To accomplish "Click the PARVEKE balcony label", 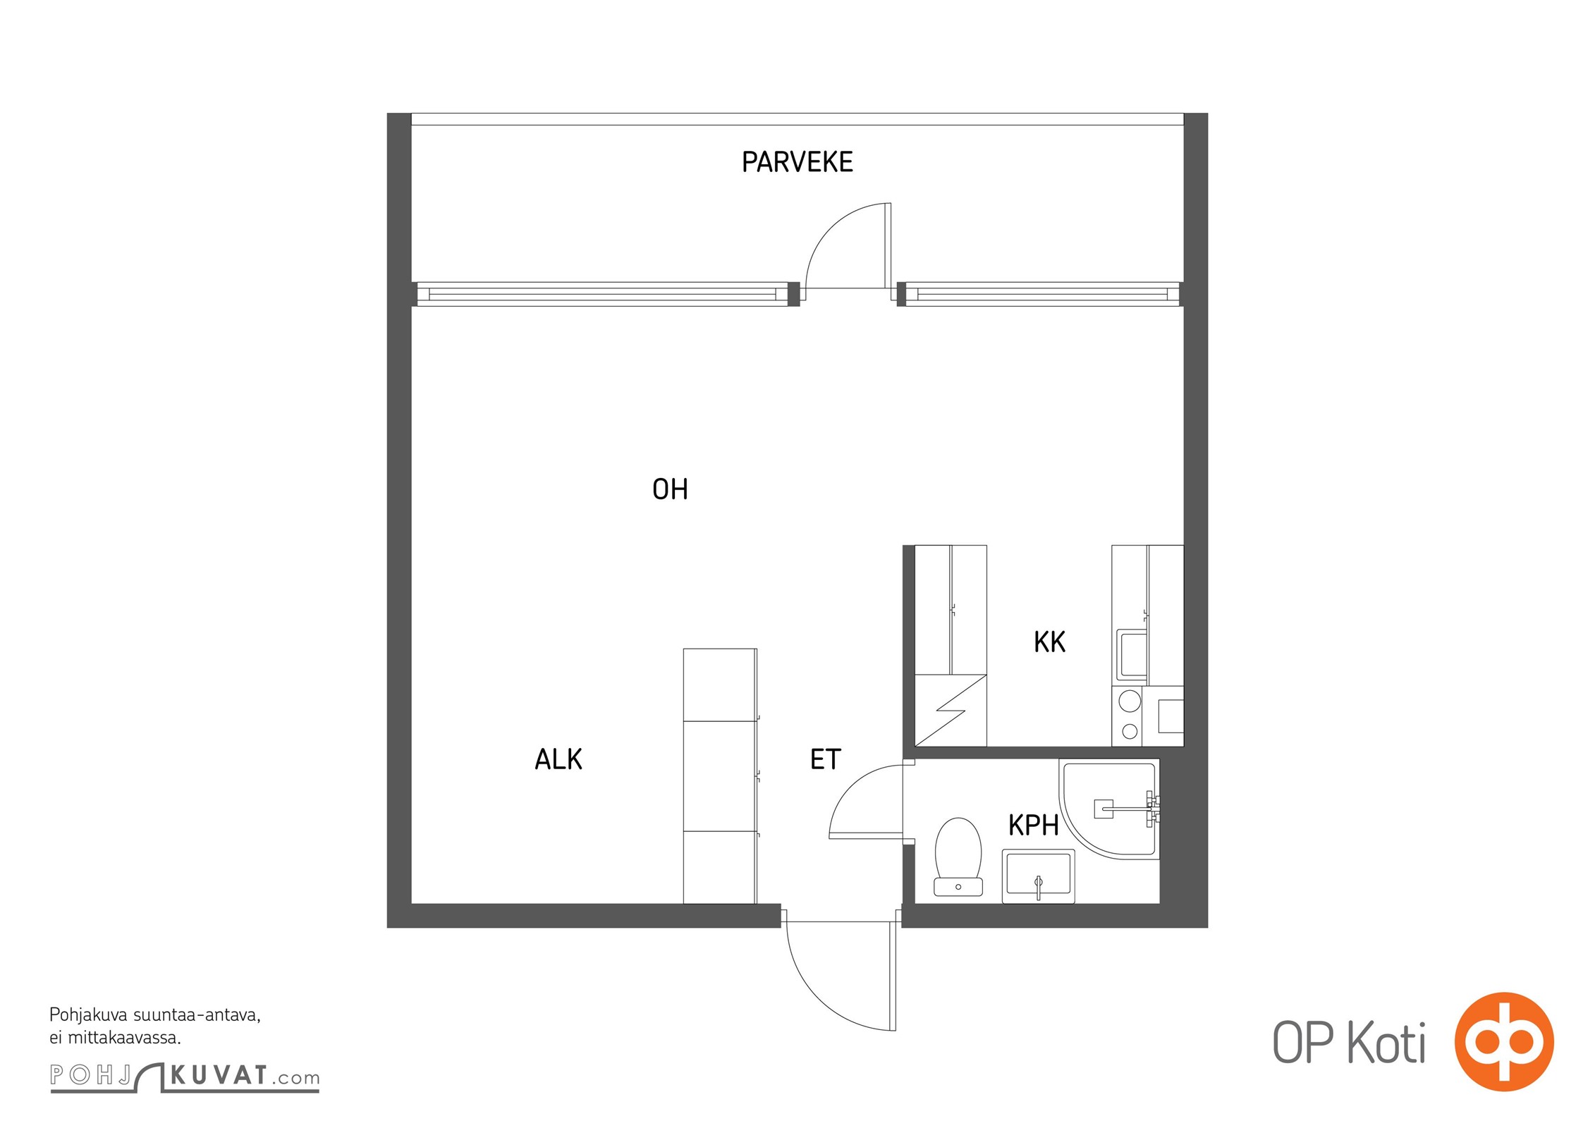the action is [797, 162].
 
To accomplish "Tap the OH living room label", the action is [670, 489].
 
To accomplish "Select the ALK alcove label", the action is [558, 759].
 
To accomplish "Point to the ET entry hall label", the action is [825, 759].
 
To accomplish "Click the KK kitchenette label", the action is [1049, 642].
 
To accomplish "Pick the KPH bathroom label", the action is [1033, 825].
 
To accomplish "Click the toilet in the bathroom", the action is [958, 857].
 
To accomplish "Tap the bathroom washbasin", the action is [1038, 876].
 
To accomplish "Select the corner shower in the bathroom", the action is [1109, 809].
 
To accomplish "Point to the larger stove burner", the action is [1130, 701].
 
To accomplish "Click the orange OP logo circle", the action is [1504, 1041].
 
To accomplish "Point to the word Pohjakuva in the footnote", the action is [88, 1016].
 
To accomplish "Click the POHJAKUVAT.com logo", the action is [185, 1077].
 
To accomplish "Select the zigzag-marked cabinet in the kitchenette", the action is [951, 710].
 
